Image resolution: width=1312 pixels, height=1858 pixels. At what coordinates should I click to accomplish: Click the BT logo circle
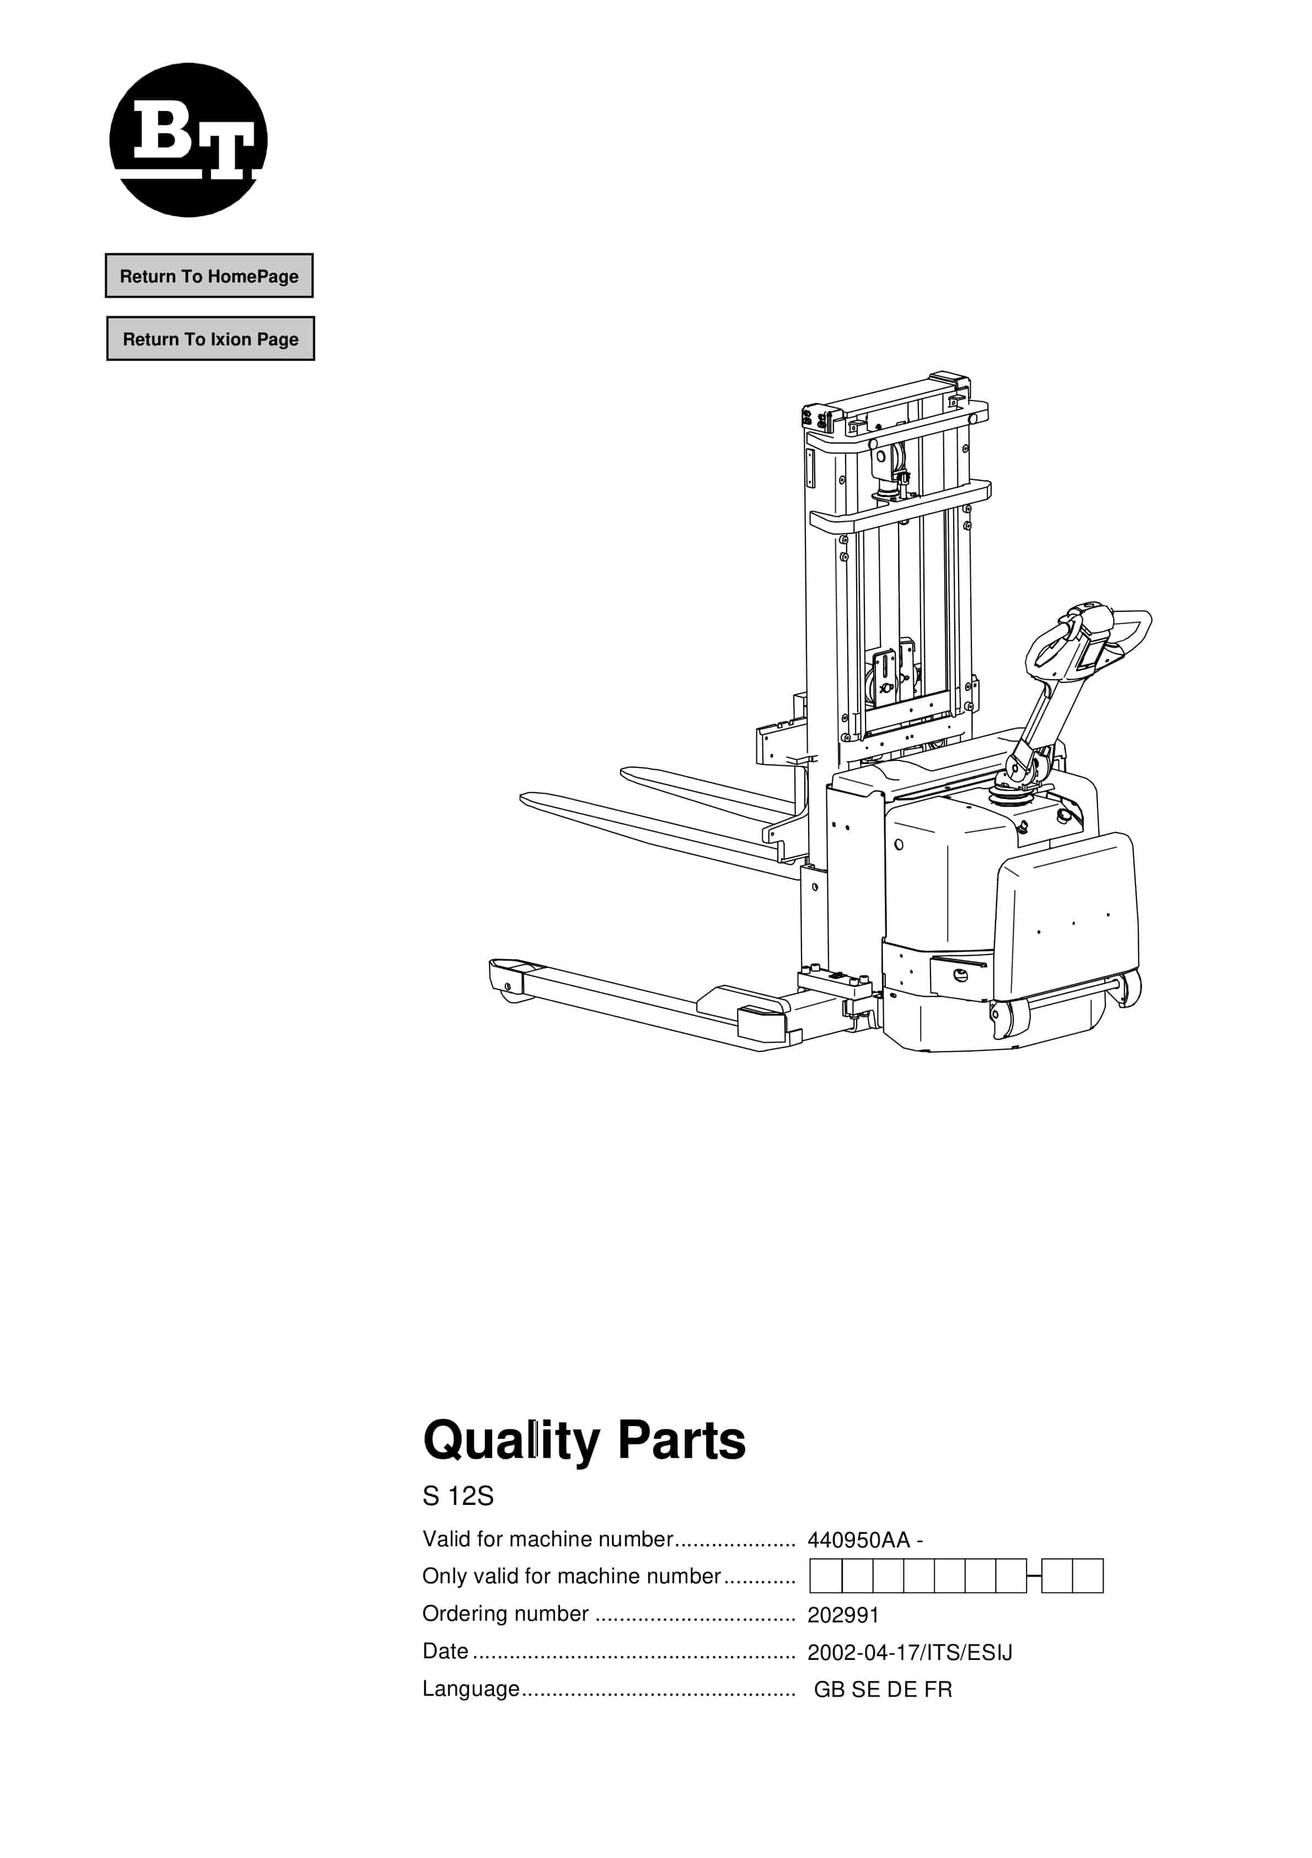pos(189,140)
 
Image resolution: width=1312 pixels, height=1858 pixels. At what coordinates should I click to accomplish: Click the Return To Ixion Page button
pos(211,339)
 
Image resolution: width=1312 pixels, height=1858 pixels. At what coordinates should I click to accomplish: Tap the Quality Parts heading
pos(583,1441)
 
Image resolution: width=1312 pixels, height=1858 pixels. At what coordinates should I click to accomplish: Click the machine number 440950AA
pos(859,1540)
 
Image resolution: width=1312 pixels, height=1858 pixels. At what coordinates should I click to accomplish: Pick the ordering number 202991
pos(843,1615)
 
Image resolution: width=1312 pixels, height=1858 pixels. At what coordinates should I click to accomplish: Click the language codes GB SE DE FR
pos(883,1690)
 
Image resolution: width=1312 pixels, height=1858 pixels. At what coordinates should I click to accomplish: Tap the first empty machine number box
pos(826,1577)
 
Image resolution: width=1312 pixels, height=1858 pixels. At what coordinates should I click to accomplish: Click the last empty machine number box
pos(1088,1577)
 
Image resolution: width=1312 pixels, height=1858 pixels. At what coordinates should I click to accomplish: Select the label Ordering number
pos(506,1614)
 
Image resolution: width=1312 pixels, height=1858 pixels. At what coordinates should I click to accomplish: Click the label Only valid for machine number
pos(571,1577)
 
